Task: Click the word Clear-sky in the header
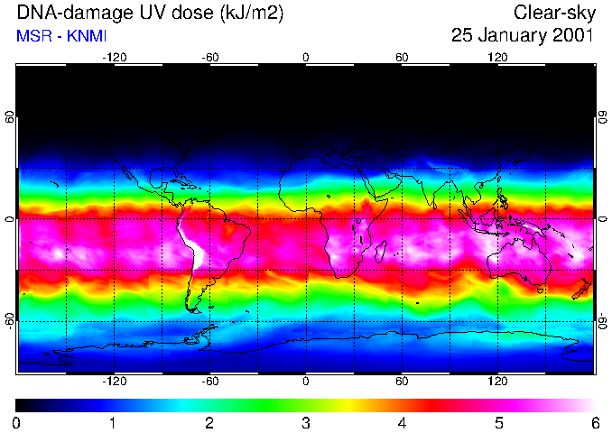553,13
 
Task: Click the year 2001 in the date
571,36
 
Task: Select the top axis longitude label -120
114,57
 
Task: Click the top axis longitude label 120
497,57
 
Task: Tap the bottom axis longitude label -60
209,382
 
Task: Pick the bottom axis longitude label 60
402,382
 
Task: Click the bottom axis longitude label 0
306,382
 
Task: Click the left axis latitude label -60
9,321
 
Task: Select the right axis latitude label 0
603,219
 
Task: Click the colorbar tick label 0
17,422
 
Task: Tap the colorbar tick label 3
306,422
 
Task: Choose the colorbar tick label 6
594,422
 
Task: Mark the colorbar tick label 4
402,422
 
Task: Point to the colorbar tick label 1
113,422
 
